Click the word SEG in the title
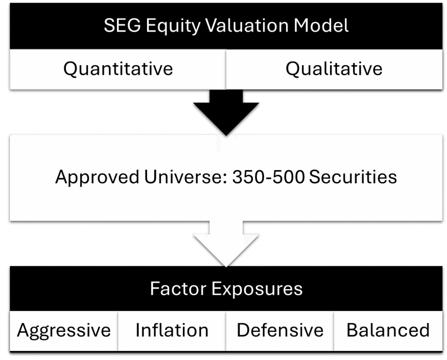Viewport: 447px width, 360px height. point(122,25)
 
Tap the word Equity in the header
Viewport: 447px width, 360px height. point(174,26)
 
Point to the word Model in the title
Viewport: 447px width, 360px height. point(321,25)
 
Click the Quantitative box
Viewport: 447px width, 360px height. point(118,69)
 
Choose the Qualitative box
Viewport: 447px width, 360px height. point(334,69)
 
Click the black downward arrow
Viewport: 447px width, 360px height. point(226,113)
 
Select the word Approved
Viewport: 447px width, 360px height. point(97,177)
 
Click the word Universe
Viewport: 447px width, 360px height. point(186,177)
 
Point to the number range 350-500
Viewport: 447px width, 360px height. point(268,177)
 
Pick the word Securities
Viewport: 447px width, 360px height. point(353,177)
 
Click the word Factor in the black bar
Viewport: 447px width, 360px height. point(178,289)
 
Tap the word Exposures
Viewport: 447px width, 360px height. point(257,289)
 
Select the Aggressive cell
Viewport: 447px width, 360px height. point(64,331)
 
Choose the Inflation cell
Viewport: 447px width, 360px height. point(172,331)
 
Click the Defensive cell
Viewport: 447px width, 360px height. point(280,331)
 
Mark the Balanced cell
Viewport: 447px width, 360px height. point(388,331)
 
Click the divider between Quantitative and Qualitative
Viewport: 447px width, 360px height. point(226,69)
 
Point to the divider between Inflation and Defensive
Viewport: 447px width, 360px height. point(226,331)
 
